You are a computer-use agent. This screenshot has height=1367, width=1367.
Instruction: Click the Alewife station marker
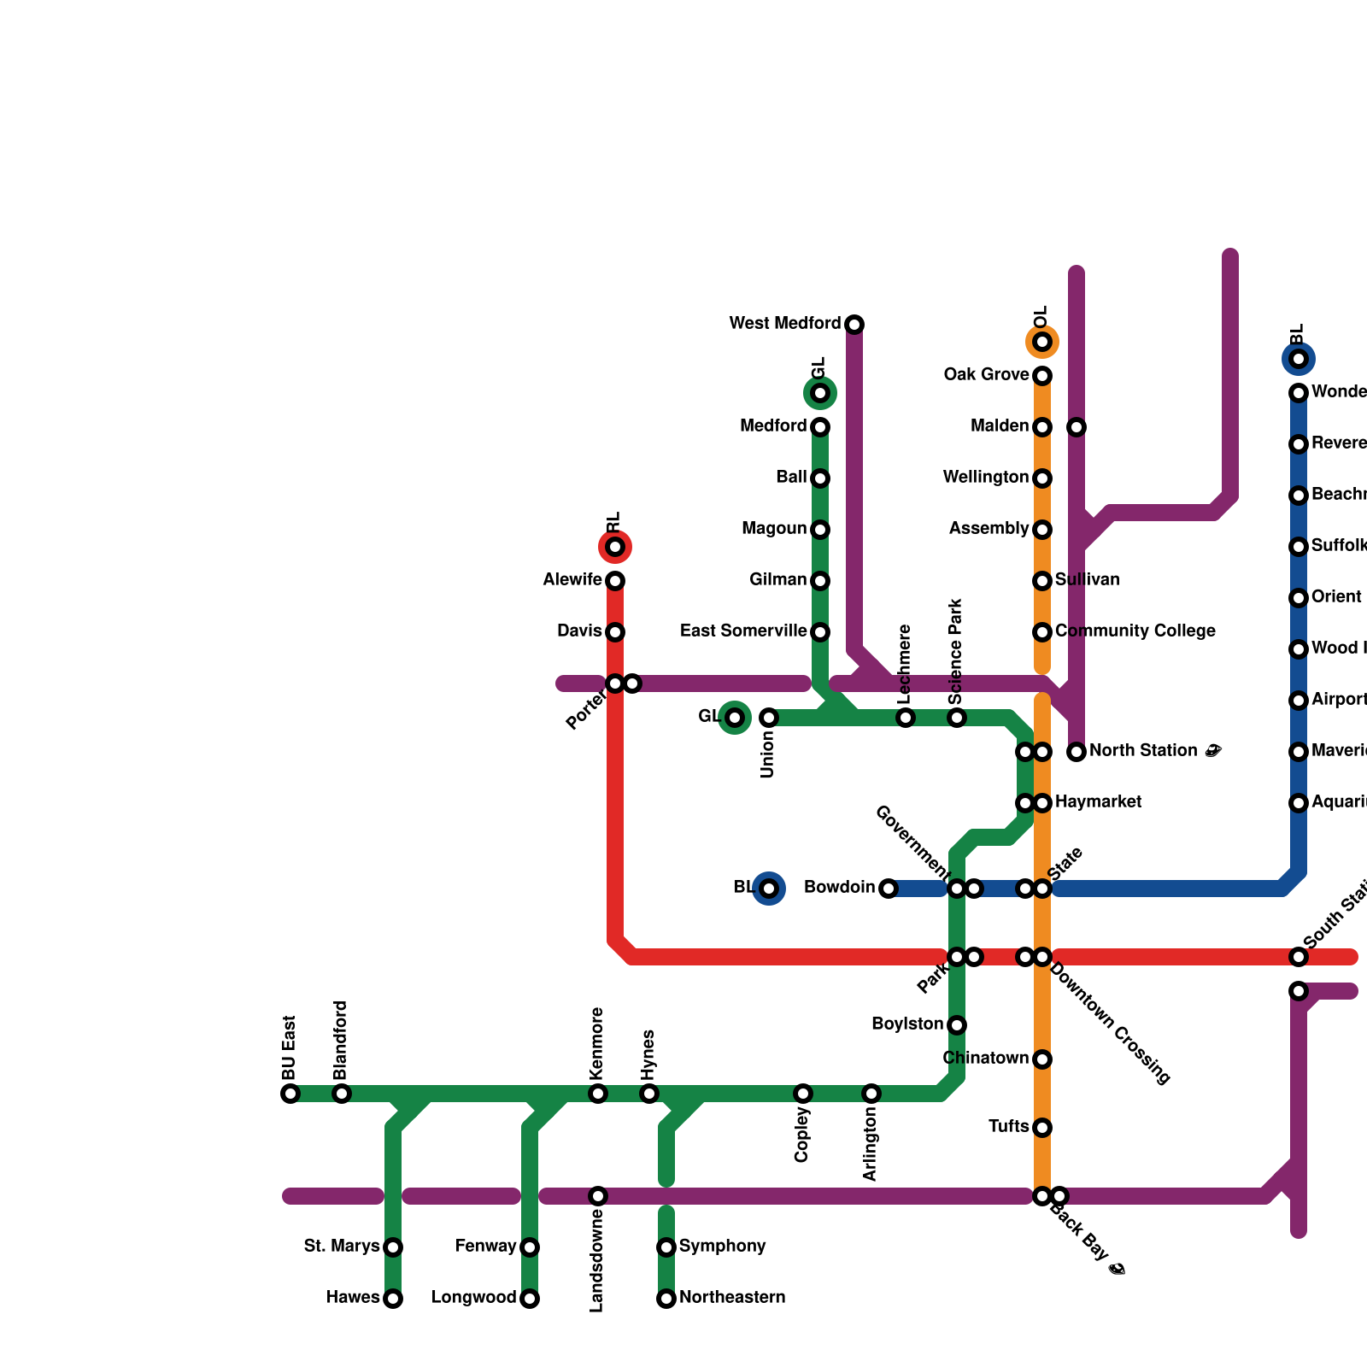pyautogui.click(x=615, y=581)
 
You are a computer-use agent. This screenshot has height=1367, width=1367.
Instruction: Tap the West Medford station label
pyautogui.click(x=784, y=324)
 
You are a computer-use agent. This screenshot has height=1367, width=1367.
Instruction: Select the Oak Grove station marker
pyautogui.click(x=1042, y=376)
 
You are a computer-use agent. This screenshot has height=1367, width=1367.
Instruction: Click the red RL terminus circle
pyautogui.click(x=615, y=547)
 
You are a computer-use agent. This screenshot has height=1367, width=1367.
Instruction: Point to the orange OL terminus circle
pyautogui.click(x=1042, y=342)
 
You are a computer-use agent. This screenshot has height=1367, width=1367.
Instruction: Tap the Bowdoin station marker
pyautogui.click(x=889, y=889)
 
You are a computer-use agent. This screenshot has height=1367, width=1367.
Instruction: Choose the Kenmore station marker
pyautogui.click(x=598, y=1094)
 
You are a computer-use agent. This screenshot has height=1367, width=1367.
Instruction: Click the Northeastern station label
pyautogui.click(x=732, y=1298)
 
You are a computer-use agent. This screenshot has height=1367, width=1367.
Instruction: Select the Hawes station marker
pyautogui.click(x=393, y=1299)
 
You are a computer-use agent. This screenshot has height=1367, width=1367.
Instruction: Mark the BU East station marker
pyautogui.click(x=290, y=1094)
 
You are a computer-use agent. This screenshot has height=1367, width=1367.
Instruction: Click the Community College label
pyautogui.click(x=1135, y=631)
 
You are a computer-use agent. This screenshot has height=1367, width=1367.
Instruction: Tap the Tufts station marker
pyautogui.click(x=1042, y=1128)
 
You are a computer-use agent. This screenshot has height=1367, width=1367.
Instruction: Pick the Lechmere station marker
pyautogui.click(x=906, y=718)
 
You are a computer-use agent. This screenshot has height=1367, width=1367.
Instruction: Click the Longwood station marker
pyautogui.click(x=530, y=1299)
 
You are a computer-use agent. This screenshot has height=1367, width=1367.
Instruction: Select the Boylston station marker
pyautogui.click(x=957, y=1025)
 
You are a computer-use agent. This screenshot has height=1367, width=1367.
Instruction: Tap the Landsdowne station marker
pyautogui.click(x=598, y=1196)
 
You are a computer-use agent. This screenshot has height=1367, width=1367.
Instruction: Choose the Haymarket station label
pyautogui.click(x=1098, y=802)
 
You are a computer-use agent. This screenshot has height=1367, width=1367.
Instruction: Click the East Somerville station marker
pyautogui.click(x=820, y=632)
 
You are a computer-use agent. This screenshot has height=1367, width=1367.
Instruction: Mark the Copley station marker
pyautogui.click(x=803, y=1094)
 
